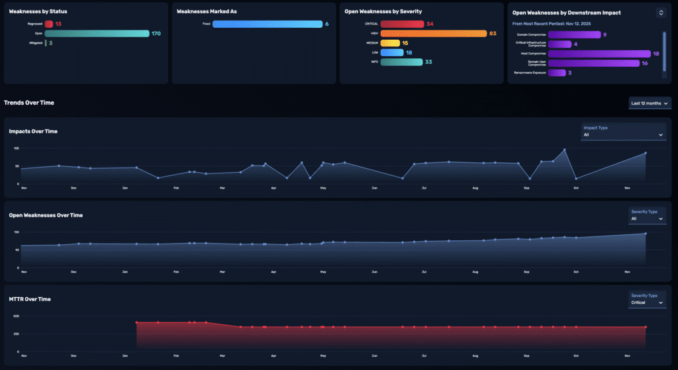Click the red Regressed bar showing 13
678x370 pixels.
click(x=49, y=24)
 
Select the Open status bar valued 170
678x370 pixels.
click(x=97, y=33)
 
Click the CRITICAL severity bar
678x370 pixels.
click(x=402, y=24)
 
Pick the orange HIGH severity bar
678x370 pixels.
click(x=433, y=33)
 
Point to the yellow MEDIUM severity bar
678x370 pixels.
click(x=390, y=43)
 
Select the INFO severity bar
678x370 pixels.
click(x=401, y=62)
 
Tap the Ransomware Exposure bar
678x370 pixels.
click(x=548, y=73)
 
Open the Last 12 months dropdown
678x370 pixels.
click(x=650, y=103)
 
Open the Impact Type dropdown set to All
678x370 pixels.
click(x=622, y=134)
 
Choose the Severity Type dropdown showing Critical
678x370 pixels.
click(x=646, y=302)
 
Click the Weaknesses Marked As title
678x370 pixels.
click(x=207, y=11)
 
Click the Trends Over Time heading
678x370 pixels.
click(x=29, y=103)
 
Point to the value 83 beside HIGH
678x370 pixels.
click(x=493, y=33)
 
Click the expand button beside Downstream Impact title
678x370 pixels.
click(x=660, y=12)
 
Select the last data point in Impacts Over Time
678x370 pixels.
click(x=646, y=154)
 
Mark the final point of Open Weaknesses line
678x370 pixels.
click(x=646, y=234)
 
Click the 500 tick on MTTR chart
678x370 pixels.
click(x=17, y=316)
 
